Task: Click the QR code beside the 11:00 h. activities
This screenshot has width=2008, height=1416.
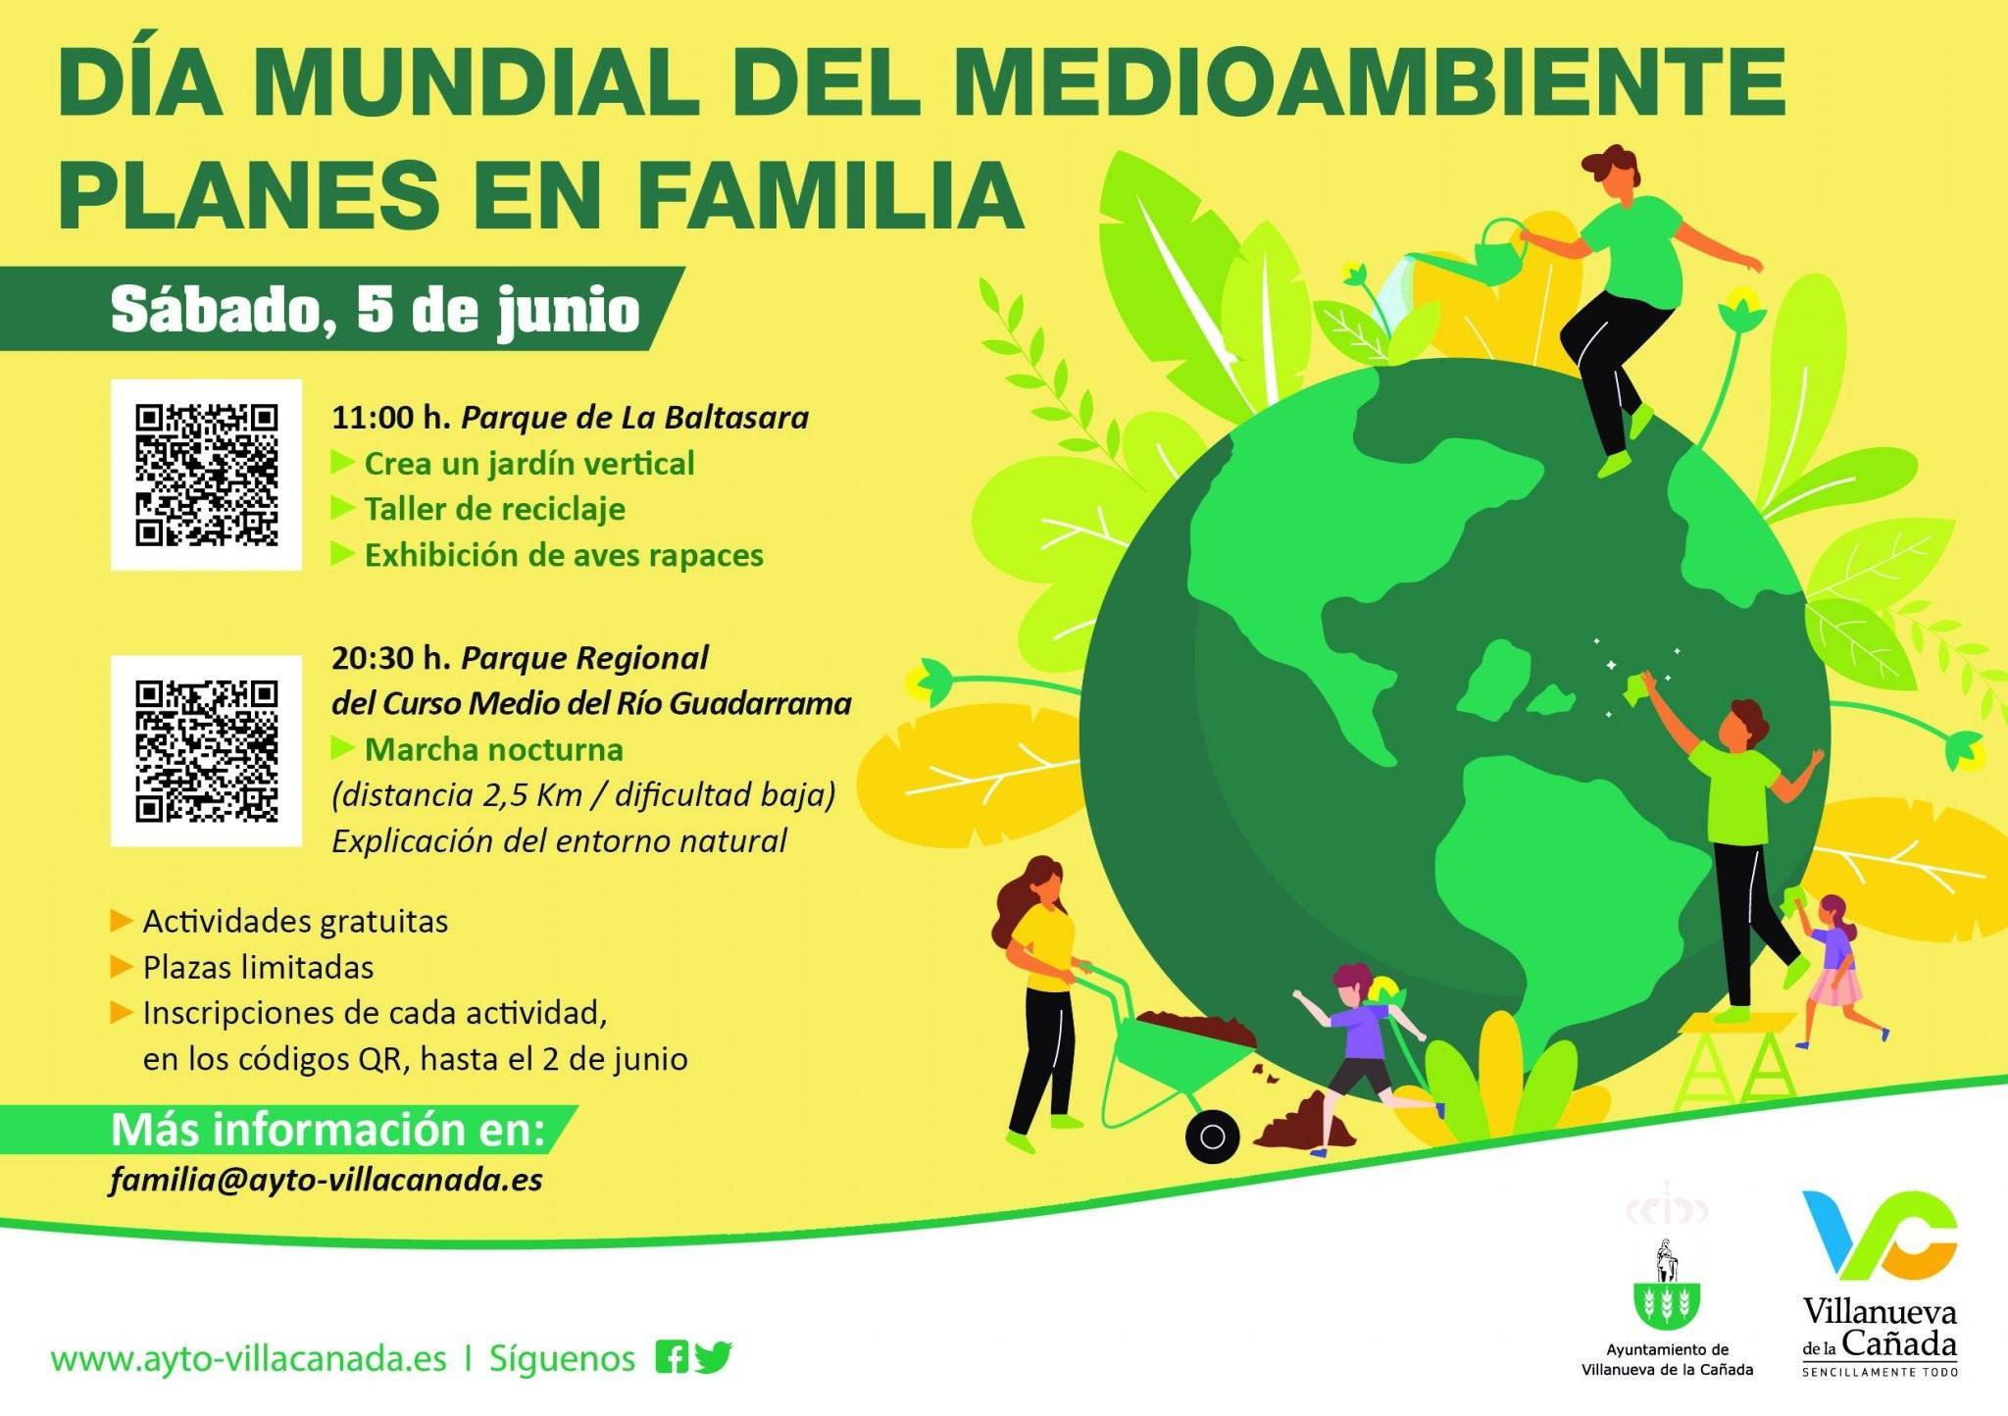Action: (206, 475)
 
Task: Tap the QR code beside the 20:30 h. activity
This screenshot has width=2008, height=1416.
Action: (206, 751)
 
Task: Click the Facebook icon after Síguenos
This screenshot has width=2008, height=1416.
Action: (672, 1356)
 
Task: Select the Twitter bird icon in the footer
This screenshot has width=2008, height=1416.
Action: (713, 1356)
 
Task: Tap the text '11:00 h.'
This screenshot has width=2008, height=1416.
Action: (390, 418)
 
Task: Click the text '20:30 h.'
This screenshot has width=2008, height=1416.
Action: (390, 658)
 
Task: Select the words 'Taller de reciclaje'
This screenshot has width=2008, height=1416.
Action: (494, 509)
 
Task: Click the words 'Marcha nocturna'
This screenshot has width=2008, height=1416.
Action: (493, 750)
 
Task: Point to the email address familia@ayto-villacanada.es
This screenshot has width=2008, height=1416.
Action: (326, 1180)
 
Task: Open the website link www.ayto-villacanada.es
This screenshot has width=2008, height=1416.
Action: (248, 1360)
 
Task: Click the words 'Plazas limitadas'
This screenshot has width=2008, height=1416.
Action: (258, 968)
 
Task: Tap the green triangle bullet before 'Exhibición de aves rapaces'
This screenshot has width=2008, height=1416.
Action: (342, 554)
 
